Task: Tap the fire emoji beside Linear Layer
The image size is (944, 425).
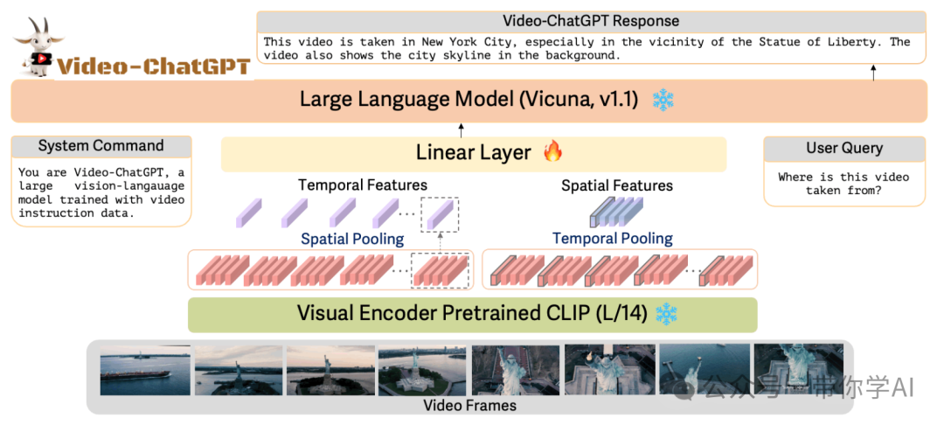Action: (552, 152)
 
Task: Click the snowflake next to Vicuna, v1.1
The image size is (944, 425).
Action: (663, 100)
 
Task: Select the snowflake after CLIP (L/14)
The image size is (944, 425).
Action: (666, 313)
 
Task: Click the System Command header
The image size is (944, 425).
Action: (101, 146)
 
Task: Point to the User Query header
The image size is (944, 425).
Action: (843, 148)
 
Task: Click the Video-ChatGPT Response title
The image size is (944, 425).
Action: (590, 21)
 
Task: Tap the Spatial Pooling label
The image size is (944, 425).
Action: (352, 239)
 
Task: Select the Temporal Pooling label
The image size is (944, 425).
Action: (612, 238)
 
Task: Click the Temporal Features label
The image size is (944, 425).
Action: (362, 185)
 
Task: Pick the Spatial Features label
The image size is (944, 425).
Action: (616, 185)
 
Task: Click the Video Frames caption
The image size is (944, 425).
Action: (469, 406)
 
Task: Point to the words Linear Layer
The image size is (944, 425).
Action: (473, 152)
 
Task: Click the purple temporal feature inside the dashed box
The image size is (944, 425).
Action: (439, 212)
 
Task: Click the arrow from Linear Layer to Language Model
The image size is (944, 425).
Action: (462, 130)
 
